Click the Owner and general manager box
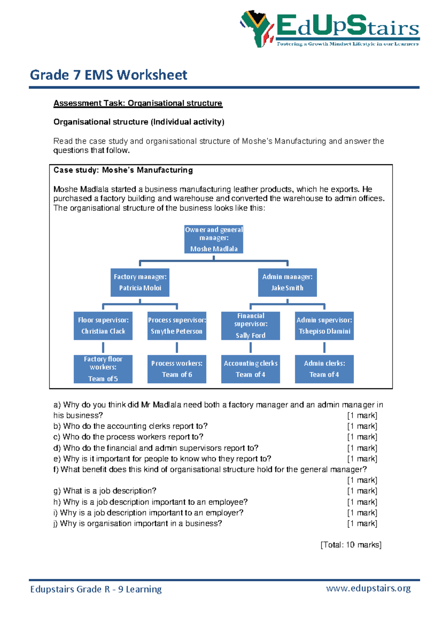[x=214, y=239]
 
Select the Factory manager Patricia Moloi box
[x=140, y=282]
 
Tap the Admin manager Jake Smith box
[x=287, y=282]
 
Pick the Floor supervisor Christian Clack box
[x=103, y=326]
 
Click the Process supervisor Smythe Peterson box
[x=177, y=326]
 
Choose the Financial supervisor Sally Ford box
[x=250, y=326]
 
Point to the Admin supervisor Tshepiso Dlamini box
[x=324, y=326]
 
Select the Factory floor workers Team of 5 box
[x=103, y=369]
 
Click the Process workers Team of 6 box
[x=177, y=369]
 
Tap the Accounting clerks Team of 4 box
[x=250, y=369]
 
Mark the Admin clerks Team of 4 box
[x=324, y=369]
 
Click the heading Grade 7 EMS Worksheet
[x=109, y=75]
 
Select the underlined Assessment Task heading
[x=138, y=103]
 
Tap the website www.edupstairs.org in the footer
[x=368, y=588]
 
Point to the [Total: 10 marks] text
[x=351, y=545]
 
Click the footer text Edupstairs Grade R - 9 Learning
[x=96, y=589]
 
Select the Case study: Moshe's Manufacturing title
[x=123, y=170]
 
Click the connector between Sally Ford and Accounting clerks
[x=250, y=348]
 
